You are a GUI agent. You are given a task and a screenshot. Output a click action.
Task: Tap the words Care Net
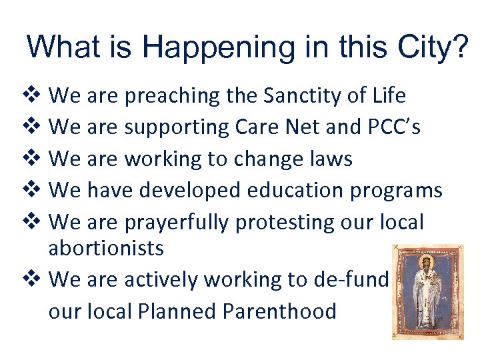coord(291,127)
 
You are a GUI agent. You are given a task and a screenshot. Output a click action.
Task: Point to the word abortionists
coord(106,249)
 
